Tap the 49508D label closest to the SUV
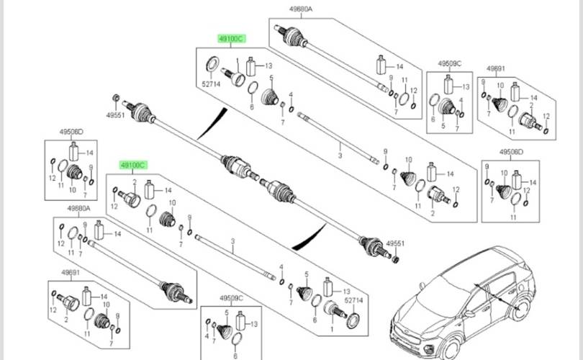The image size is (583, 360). (512, 152)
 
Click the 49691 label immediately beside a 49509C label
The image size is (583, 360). (496, 69)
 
